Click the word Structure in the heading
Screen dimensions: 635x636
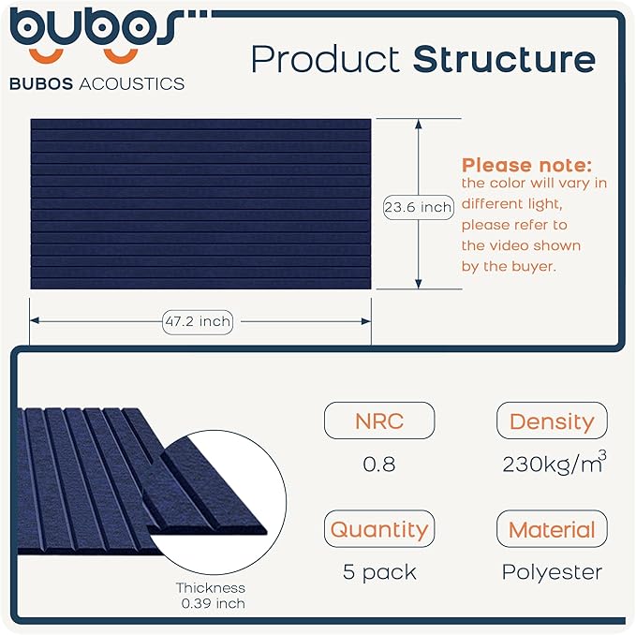point(504,59)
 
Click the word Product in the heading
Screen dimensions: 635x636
point(326,59)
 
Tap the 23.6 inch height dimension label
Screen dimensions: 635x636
point(418,207)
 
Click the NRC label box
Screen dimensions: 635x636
point(378,421)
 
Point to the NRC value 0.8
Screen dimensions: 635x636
point(378,464)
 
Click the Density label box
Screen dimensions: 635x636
point(552,421)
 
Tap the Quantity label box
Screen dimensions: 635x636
point(378,529)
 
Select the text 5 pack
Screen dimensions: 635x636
point(378,571)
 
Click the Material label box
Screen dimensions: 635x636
point(552,529)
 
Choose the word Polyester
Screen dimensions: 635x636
point(552,571)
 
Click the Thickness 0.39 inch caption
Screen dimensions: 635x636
point(212,596)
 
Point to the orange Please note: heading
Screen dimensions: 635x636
point(526,165)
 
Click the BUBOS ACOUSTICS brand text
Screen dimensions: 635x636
point(96,83)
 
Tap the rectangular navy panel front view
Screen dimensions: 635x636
point(200,203)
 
